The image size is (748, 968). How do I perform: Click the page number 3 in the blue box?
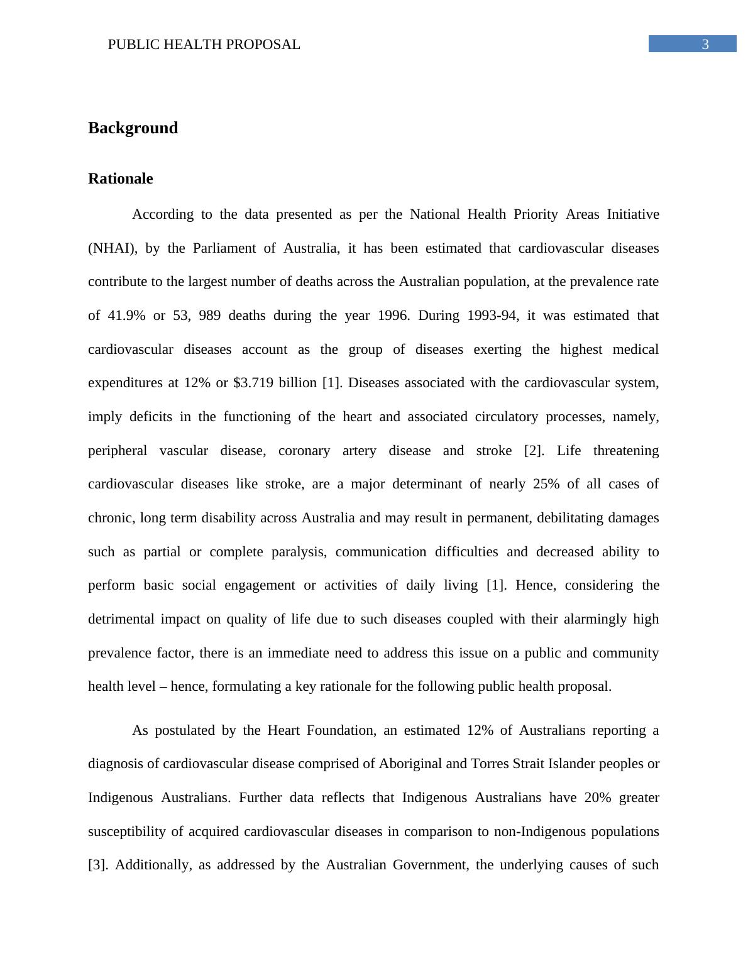coord(705,45)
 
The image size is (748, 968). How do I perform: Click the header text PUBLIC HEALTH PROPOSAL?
coord(204,45)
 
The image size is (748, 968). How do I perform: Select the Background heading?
coord(133,128)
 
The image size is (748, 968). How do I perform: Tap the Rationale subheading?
coord(120,179)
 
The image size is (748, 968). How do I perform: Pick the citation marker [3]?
coord(98,865)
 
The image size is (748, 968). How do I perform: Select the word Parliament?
coord(224,248)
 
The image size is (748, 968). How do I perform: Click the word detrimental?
coord(121,619)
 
